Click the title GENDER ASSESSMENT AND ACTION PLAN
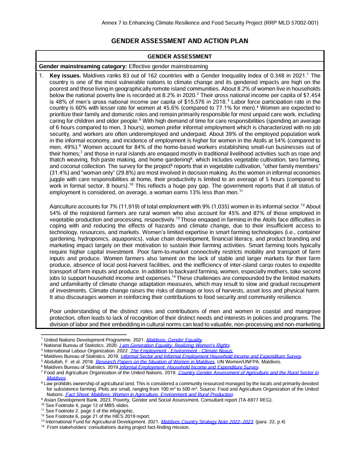click(x=180, y=41)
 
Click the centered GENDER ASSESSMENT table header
click(x=180, y=57)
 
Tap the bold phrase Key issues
click(x=65, y=75)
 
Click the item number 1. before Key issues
click(x=41, y=75)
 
